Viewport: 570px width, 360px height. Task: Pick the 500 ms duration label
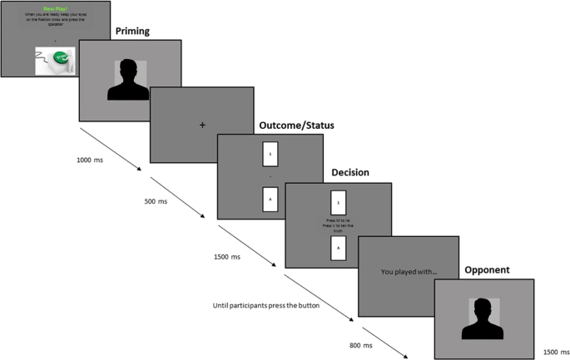coord(156,200)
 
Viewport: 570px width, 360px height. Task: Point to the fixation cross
coord(202,125)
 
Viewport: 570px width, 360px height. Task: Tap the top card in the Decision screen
coord(337,202)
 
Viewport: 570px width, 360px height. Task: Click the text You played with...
coord(408,271)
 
